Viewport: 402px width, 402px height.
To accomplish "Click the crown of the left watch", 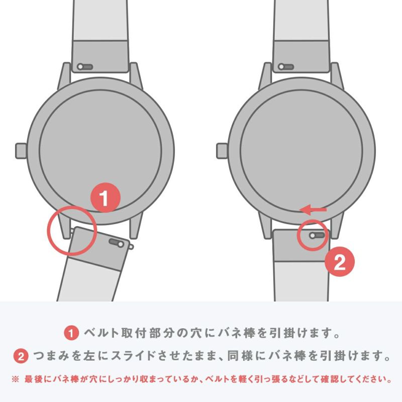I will coord(21,150).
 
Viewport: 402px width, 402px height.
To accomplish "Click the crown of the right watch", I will coord(222,150).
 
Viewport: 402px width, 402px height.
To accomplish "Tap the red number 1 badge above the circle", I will coord(105,198).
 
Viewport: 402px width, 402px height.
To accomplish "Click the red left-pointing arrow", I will coord(313,209).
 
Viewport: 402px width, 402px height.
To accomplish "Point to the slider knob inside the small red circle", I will coord(313,235).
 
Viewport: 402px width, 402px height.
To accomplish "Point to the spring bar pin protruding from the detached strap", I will coord(131,247).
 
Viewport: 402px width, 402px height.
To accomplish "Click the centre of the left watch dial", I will coord(100,150).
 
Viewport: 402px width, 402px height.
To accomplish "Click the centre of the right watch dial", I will coord(302,150).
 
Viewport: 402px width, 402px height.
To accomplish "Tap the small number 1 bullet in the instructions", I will coord(71,333).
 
